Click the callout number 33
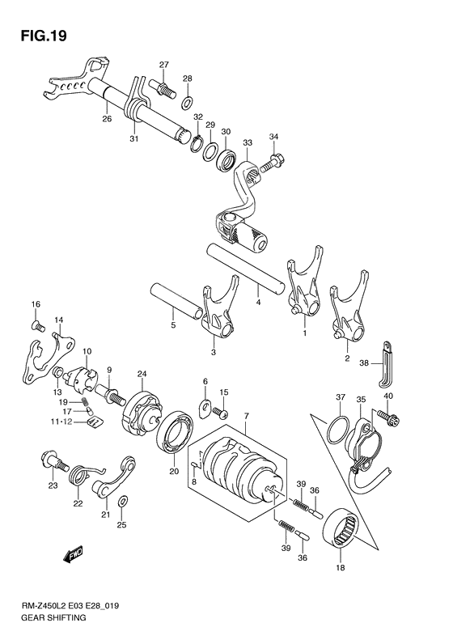pos(247,143)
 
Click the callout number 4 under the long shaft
pos(258,303)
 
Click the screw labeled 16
pos(36,325)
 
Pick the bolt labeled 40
pos(392,420)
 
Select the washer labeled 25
pos(121,503)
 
